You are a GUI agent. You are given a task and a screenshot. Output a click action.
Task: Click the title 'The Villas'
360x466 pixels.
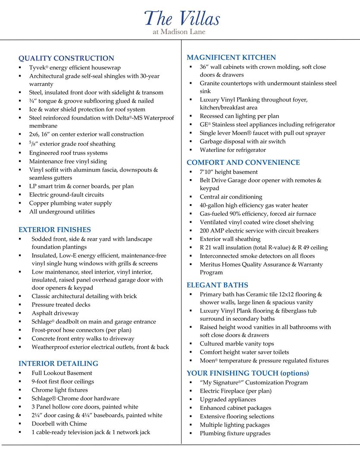coord(182,18)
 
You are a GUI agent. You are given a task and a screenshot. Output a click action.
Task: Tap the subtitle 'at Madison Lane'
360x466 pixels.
coord(179,31)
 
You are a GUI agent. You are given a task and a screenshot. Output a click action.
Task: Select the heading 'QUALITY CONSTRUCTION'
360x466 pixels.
coord(66,58)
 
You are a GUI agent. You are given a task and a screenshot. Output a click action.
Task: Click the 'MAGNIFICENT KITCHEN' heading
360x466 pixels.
coord(231,57)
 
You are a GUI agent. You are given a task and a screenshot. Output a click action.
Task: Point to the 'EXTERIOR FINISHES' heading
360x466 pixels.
coord(54,230)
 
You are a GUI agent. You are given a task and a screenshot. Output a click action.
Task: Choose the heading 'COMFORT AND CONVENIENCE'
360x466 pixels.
coord(243,163)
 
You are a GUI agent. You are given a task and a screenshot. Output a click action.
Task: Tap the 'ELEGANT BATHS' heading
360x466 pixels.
coord(217,285)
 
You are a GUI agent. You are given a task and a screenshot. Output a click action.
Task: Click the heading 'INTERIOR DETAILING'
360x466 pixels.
coord(58,363)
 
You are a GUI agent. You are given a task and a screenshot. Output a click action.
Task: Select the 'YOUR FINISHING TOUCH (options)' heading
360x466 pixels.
coord(247,373)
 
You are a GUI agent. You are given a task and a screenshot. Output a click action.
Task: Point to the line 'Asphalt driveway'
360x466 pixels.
coord(55,313)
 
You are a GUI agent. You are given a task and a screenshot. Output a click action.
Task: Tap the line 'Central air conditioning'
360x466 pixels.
coord(231,197)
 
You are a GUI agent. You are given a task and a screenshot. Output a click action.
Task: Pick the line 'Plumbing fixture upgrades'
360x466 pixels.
coord(235,433)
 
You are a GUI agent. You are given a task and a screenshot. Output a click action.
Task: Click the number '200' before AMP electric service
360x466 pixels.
coord(205,231)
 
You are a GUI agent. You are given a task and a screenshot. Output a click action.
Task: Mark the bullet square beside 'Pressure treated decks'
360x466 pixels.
coord(20,305)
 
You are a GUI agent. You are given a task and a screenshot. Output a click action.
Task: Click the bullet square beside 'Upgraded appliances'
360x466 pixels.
coord(190,400)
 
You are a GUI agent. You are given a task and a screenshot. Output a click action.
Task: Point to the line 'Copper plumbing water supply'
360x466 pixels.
coord(70,203)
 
